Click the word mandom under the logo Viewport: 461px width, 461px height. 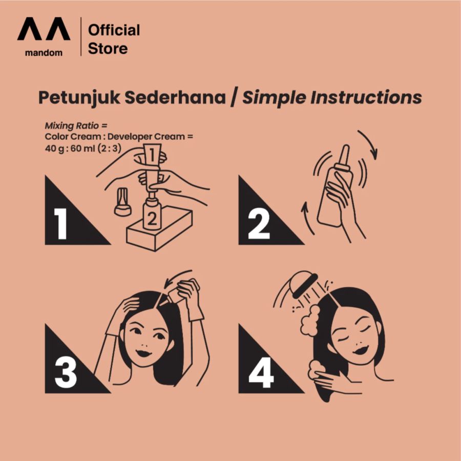[44, 53]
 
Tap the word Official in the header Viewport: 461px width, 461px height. [114, 30]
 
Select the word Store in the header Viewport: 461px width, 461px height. [108, 49]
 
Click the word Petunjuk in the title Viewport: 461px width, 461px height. [79, 98]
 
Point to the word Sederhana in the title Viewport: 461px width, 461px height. [175, 97]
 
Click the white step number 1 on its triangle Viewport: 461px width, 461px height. [60, 224]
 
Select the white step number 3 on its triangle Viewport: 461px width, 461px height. [66, 372]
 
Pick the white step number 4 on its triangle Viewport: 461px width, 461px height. [261, 372]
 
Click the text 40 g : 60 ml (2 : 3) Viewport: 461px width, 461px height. [83, 148]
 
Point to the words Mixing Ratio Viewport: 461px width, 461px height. [72, 126]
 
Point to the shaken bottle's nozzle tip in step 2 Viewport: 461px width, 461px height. [346, 146]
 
